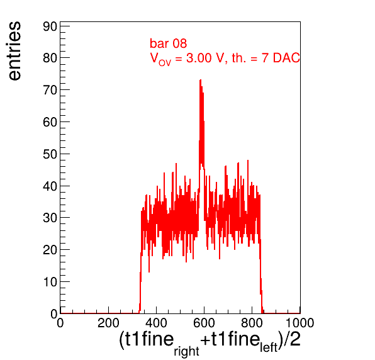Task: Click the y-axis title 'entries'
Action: click(x=15, y=51)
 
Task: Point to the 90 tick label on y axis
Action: click(x=50, y=26)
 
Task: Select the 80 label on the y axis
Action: click(x=50, y=58)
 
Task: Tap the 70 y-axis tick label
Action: click(x=50, y=90)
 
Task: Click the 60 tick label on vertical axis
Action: click(x=50, y=122)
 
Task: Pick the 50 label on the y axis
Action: click(x=50, y=154)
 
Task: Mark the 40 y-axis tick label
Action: click(x=50, y=186)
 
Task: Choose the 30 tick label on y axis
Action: click(x=50, y=218)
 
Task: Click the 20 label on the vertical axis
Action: click(x=50, y=250)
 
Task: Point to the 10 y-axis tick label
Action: click(x=50, y=282)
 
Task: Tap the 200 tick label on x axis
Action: click(x=108, y=323)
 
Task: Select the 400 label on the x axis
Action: click(x=156, y=323)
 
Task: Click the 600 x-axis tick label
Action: click(x=204, y=323)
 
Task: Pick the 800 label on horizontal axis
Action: click(x=252, y=323)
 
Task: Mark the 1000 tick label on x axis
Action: click(x=299, y=323)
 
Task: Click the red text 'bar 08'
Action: click(x=169, y=43)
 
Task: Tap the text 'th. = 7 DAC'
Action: click(x=266, y=58)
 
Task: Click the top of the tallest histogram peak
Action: click(x=201, y=80)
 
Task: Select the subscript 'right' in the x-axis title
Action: click(x=186, y=351)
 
